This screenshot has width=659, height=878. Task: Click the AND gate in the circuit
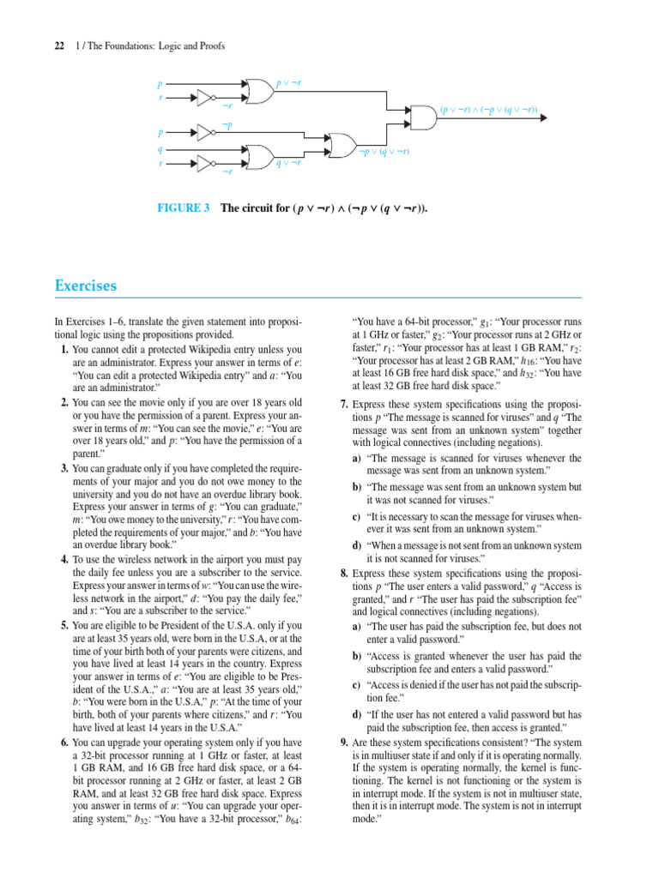click(x=422, y=117)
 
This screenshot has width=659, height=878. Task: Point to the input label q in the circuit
click(x=159, y=148)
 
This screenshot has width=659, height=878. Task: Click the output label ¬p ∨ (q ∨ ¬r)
click(x=384, y=152)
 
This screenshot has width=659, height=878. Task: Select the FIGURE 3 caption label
click(x=182, y=208)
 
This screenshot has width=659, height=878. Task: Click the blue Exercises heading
click(x=86, y=286)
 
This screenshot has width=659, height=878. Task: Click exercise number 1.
click(x=64, y=350)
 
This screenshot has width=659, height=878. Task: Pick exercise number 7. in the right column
click(x=344, y=404)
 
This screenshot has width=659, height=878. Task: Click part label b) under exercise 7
click(x=356, y=486)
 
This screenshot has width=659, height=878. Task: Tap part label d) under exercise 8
click(x=356, y=714)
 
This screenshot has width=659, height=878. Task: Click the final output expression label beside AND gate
click(x=489, y=111)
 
